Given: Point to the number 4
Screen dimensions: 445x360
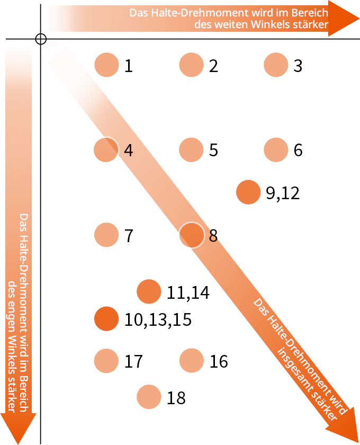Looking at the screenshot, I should [x=128, y=150].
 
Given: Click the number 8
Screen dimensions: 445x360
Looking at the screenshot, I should [x=213, y=236].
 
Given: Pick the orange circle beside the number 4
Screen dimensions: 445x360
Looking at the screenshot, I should [x=106, y=150].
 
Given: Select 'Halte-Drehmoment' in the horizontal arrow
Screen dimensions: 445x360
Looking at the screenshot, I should [x=197, y=12].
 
